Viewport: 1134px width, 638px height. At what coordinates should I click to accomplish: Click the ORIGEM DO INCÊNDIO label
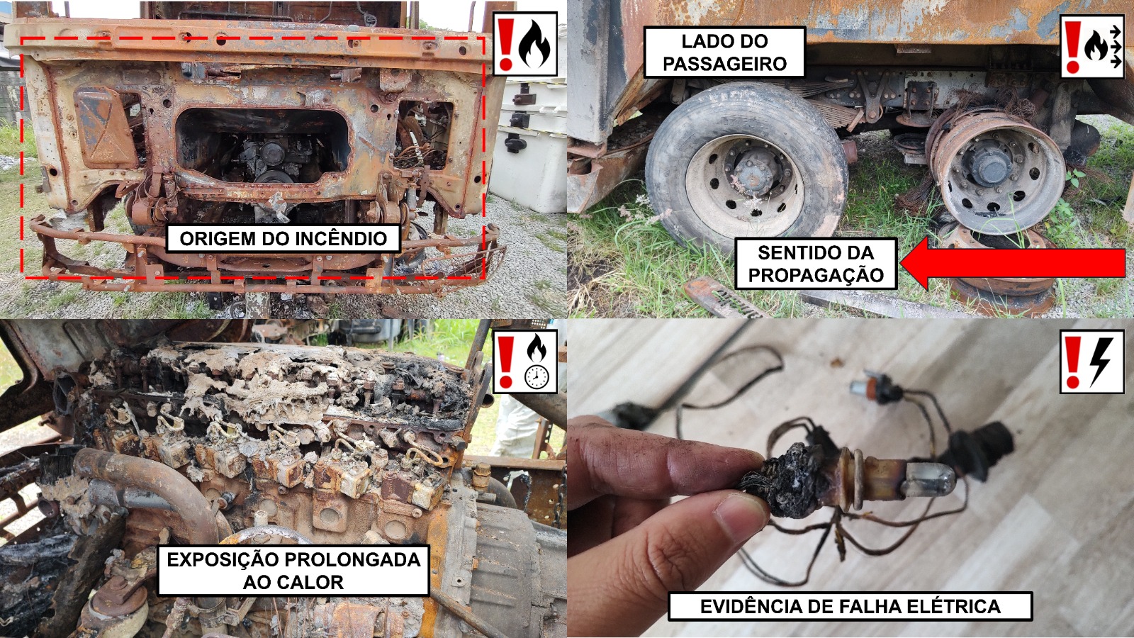[283, 238]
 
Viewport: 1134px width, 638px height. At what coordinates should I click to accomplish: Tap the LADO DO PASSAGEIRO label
[724, 52]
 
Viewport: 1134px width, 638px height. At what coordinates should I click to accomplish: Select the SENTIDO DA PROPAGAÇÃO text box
[816, 264]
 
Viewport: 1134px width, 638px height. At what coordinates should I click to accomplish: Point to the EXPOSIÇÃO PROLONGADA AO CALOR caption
[293, 571]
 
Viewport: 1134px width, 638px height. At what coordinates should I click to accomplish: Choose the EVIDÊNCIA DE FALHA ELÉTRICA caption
[850, 606]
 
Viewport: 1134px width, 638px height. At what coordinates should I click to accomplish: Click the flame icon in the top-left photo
[535, 43]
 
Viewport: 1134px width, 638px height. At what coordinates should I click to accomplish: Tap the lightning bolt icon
[1102, 361]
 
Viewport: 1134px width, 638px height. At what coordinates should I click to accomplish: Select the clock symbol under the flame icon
[537, 376]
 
